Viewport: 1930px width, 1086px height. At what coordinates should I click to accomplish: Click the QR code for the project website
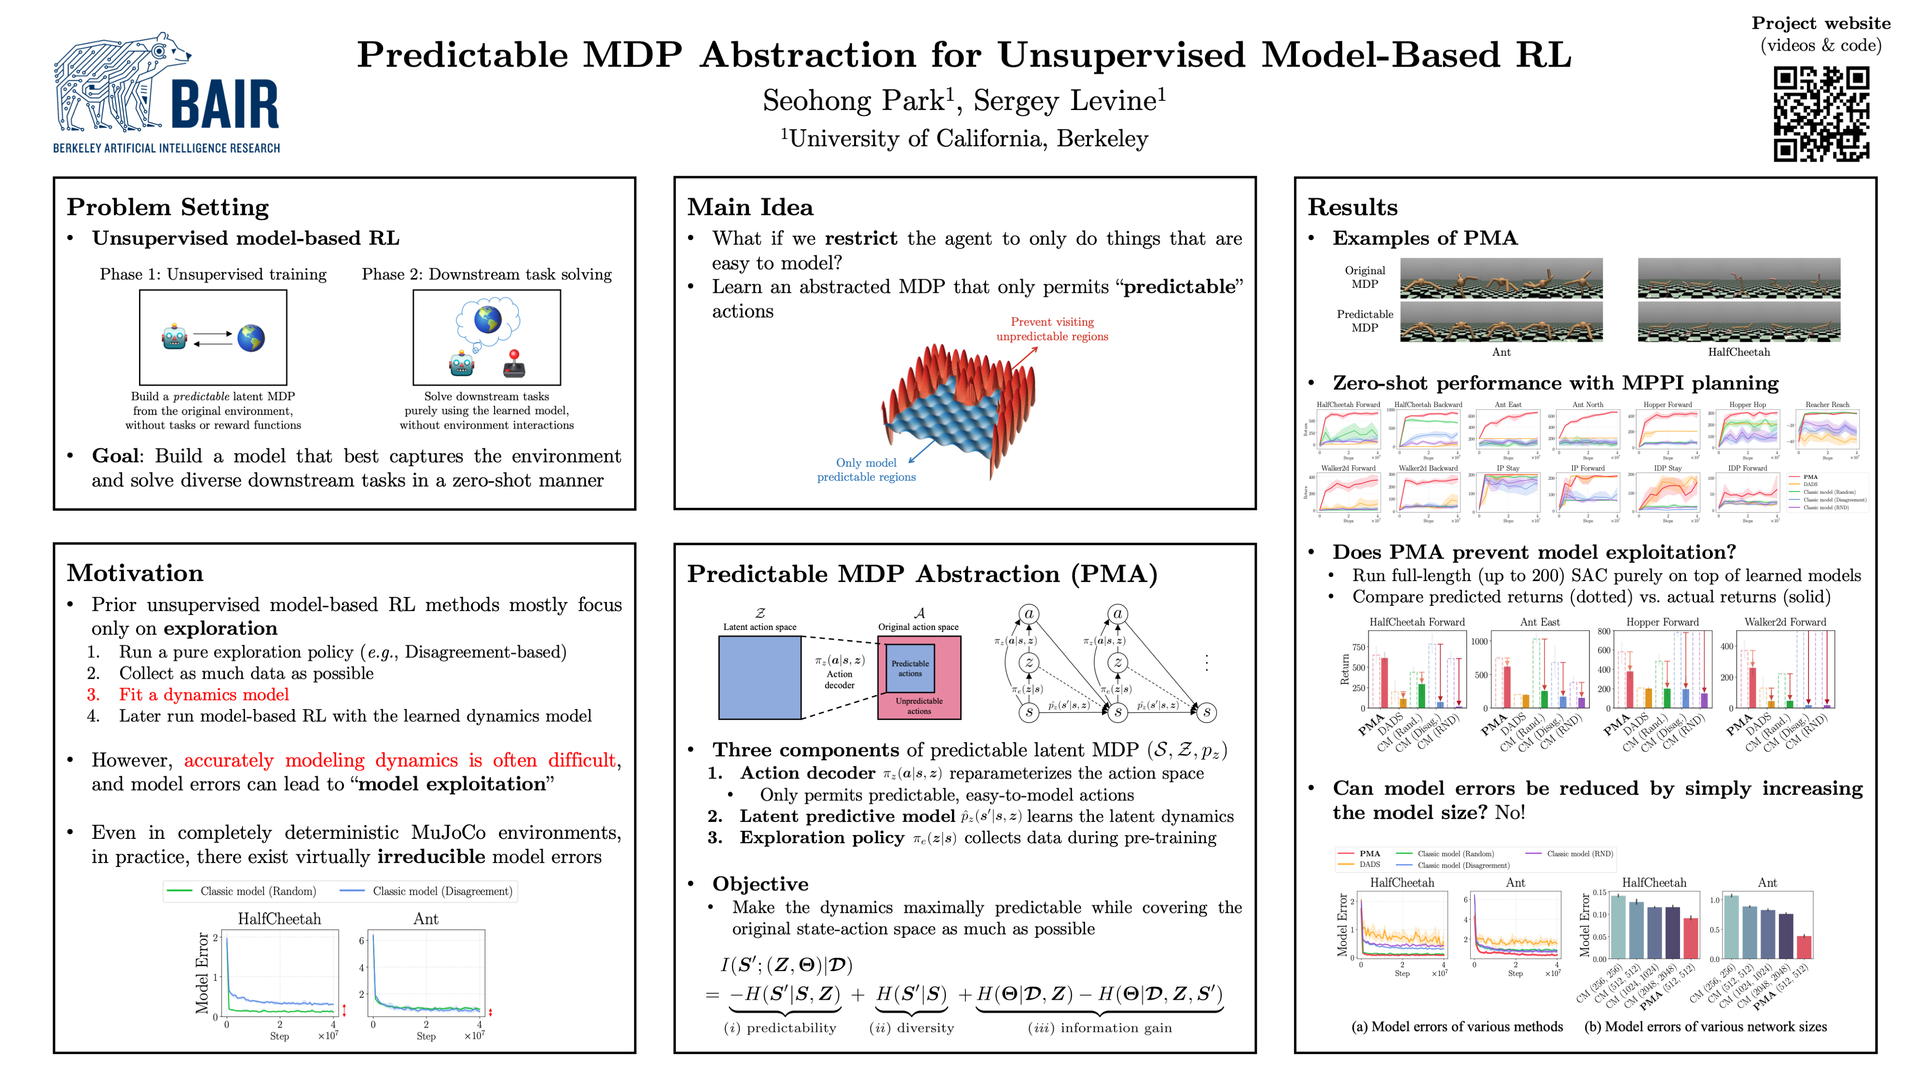[x=1820, y=114]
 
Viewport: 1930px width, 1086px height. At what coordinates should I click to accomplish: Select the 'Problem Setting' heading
[x=168, y=207]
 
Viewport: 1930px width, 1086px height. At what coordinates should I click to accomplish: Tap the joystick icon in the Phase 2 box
[x=514, y=363]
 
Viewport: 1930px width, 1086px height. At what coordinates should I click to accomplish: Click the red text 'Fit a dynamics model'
[x=204, y=695]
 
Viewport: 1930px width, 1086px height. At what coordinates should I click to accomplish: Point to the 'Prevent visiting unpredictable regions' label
[x=1052, y=329]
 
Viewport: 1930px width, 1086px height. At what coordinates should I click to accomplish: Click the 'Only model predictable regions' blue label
[x=866, y=470]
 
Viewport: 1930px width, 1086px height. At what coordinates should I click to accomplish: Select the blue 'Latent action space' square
[x=760, y=678]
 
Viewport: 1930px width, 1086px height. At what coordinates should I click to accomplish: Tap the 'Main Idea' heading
[x=750, y=207]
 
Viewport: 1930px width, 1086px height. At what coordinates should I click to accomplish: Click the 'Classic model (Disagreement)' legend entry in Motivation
[x=442, y=891]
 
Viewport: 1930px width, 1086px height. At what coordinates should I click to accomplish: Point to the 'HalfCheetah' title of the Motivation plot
[x=279, y=919]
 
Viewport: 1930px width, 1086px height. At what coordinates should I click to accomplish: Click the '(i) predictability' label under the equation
[x=780, y=1028]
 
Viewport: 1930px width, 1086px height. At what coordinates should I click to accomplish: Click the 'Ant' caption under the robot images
[x=1501, y=352]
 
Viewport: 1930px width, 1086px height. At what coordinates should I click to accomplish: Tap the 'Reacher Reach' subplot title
[x=1827, y=405]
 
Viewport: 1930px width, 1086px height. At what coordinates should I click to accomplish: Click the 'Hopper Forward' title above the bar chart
[x=1663, y=622]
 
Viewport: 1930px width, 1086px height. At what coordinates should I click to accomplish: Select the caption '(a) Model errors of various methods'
[x=1457, y=1027]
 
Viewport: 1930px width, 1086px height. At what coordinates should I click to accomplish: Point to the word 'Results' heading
[x=1352, y=207]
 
